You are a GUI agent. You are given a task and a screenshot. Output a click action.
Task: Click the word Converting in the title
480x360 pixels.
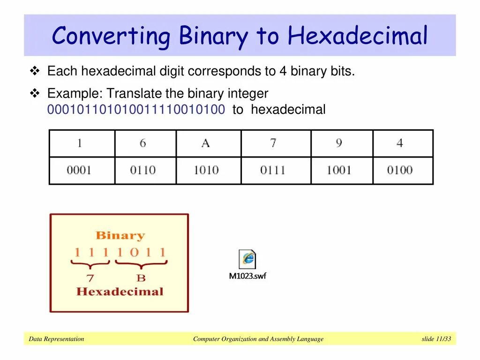112,36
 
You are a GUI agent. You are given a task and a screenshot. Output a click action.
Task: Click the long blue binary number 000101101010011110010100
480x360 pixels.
136,110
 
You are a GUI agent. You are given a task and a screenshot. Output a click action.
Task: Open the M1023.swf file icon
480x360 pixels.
247,259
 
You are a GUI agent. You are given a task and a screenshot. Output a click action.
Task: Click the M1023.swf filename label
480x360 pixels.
247,276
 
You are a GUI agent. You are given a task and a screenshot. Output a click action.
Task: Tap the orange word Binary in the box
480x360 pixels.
120,236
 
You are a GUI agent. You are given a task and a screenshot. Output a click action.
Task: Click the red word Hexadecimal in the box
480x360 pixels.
120,292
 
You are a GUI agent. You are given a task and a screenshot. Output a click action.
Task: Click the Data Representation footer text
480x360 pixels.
56,339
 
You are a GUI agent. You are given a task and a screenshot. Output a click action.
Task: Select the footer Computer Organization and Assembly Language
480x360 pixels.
258,339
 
